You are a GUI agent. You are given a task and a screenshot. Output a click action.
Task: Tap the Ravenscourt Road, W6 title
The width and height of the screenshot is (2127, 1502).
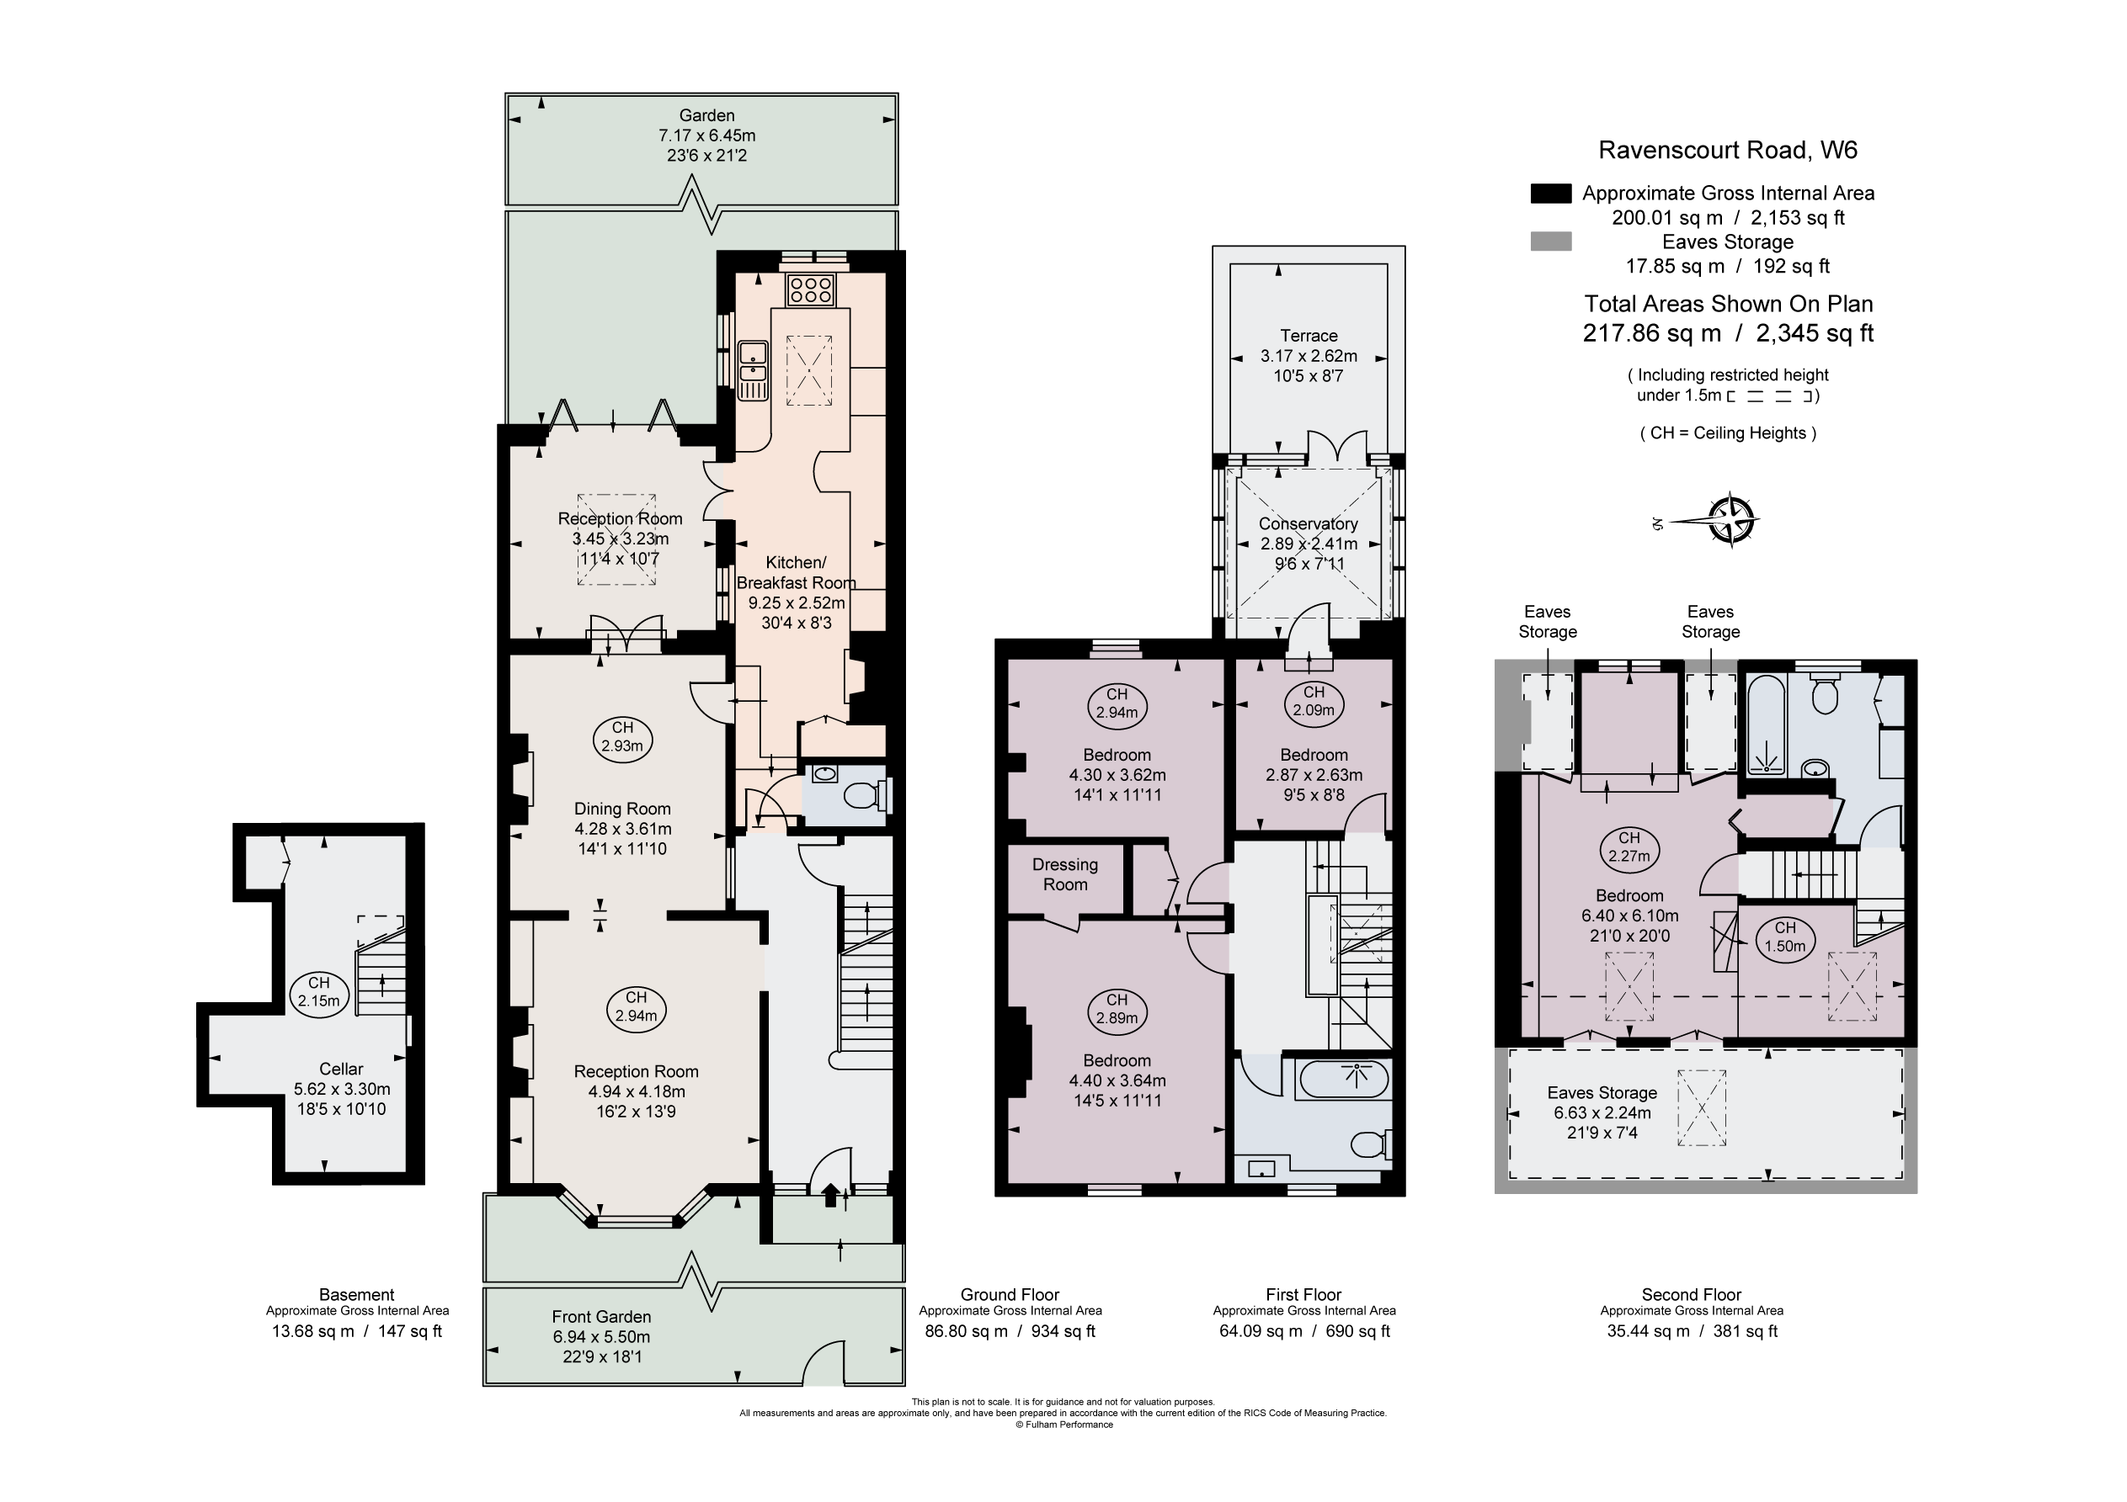[1727, 150]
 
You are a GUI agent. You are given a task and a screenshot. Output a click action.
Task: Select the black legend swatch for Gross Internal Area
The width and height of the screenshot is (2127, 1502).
[1551, 194]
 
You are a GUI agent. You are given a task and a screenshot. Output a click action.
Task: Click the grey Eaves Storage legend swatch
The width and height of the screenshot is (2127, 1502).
[1551, 241]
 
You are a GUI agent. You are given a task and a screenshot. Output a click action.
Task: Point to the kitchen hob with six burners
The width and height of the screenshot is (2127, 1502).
[811, 289]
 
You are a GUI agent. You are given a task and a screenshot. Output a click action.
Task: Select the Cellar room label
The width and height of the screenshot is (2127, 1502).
[341, 1069]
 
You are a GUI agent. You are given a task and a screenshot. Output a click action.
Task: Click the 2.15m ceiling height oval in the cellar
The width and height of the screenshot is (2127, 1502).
[318, 992]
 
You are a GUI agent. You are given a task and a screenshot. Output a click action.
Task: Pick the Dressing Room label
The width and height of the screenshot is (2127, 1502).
[1064, 874]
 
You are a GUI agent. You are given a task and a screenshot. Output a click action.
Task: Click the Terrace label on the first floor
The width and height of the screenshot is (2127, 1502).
[1308, 336]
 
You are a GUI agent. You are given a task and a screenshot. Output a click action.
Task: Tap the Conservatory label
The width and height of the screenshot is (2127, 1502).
[1308, 524]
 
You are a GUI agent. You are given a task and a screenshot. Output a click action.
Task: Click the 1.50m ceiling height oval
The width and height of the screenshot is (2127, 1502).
[1784, 937]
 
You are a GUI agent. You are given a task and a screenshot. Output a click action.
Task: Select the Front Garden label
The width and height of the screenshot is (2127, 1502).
[601, 1317]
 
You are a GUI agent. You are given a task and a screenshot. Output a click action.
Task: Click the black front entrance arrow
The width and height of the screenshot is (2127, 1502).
[830, 1196]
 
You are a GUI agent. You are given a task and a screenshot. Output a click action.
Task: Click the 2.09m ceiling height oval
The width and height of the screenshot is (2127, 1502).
[1314, 701]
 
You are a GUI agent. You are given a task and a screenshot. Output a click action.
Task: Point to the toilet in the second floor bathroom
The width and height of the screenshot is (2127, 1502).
[1824, 697]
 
